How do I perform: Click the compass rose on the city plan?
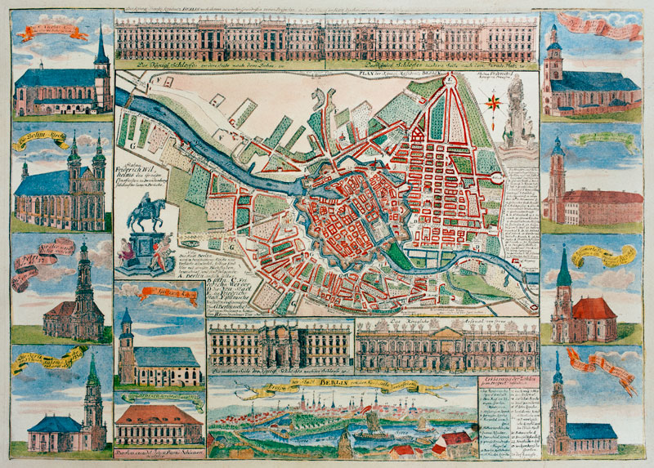495,102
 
